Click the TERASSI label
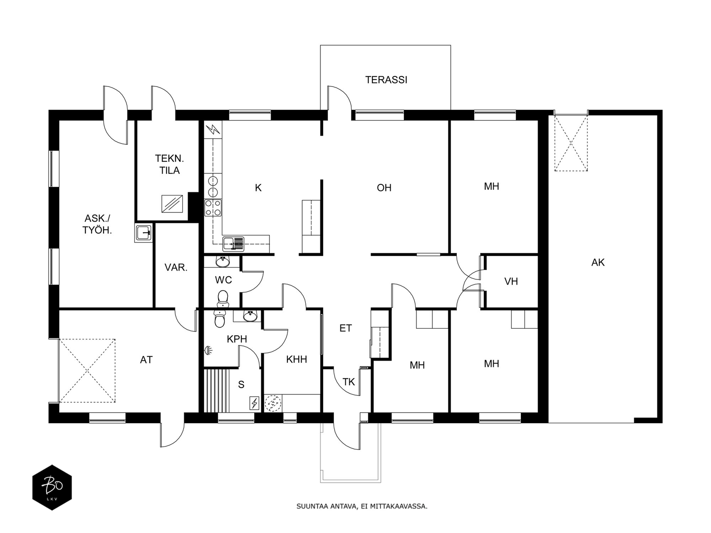pyautogui.click(x=386, y=80)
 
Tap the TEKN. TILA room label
pyautogui.click(x=169, y=164)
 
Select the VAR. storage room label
pyautogui.click(x=176, y=267)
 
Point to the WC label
pyautogui.click(x=223, y=280)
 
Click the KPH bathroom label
pyautogui.click(x=237, y=339)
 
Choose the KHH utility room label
pyautogui.click(x=296, y=359)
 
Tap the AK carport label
pyautogui.click(x=598, y=263)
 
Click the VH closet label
pyautogui.click(x=511, y=281)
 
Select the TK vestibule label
pyautogui.click(x=349, y=382)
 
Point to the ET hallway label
pyautogui.click(x=346, y=328)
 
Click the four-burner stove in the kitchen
pyautogui.click(x=213, y=208)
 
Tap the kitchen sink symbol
pyautogui.click(x=233, y=244)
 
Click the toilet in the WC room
pyautogui.click(x=223, y=298)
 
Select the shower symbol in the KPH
pyautogui.click(x=208, y=350)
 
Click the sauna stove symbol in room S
pyautogui.click(x=255, y=403)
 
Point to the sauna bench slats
pyautogui.click(x=217, y=390)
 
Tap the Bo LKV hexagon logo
pyautogui.click(x=52, y=487)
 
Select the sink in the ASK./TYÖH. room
pyautogui.click(x=144, y=232)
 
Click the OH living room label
pyautogui.click(x=384, y=188)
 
